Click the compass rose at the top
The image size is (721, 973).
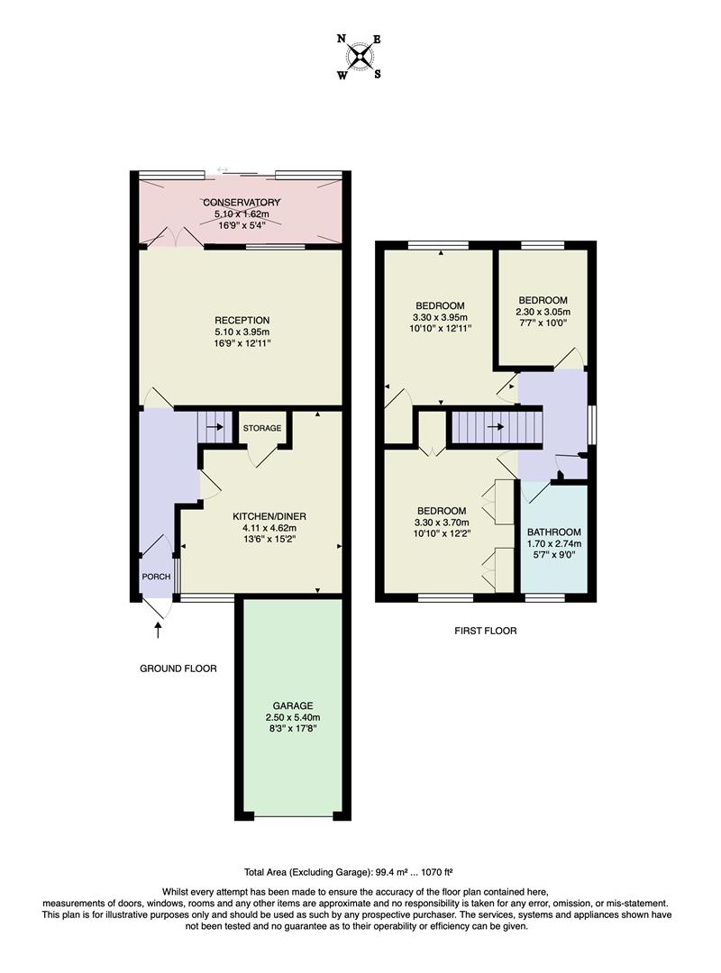point(360,56)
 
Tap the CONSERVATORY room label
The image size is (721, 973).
point(242,202)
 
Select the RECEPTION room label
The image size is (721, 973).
point(242,320)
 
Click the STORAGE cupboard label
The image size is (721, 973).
point(261,428)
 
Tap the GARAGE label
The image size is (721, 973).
point(293,705)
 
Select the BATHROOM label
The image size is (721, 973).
point(554,532)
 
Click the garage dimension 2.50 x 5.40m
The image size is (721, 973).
point(293,717)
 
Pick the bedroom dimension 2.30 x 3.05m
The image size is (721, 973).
point(543,312)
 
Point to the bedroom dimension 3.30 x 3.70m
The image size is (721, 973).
point(440,523)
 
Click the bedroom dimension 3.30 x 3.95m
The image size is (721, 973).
point(440,317)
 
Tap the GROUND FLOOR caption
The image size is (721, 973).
point(178,668)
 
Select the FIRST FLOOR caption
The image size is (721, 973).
point(485,631)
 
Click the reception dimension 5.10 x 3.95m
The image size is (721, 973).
point(242,332)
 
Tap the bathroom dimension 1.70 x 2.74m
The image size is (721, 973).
point(554,544)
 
